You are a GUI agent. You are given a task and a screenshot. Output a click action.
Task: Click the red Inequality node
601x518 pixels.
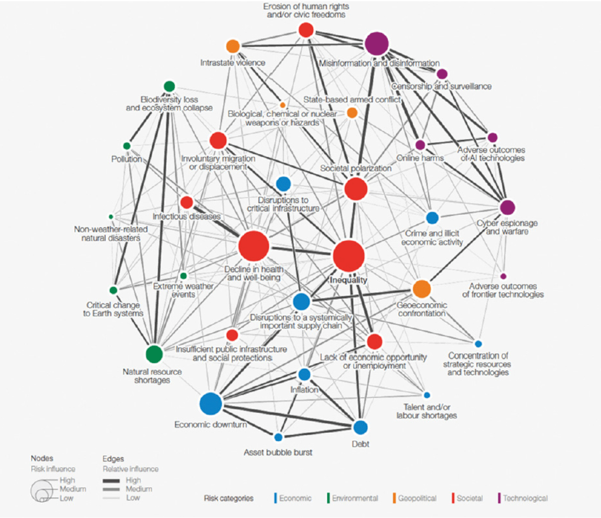(349, 256)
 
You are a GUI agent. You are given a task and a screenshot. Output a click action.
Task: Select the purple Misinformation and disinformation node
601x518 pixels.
(377, 44)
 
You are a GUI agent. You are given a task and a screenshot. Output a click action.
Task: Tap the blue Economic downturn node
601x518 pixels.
(211, 404)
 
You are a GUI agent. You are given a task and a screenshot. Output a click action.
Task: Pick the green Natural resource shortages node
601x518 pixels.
(154, 354)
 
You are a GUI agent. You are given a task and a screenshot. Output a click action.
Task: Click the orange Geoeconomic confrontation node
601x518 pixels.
(422, 289)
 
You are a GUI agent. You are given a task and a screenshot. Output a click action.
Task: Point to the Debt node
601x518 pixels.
(360, 427)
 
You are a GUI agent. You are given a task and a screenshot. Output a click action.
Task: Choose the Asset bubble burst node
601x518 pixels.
(278, 437)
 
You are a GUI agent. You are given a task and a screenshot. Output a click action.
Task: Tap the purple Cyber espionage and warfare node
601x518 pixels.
(507, 208)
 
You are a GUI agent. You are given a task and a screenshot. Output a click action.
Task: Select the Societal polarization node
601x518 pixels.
(356, 189)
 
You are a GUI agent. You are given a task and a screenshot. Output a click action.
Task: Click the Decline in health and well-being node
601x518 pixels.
(253, 246)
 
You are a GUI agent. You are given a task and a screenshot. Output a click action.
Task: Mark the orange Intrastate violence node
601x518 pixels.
(233, 46)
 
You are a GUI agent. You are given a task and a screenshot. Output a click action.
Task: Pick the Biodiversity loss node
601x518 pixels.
(169, 86)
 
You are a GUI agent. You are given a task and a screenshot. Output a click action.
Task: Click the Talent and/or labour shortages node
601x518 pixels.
(427, 395)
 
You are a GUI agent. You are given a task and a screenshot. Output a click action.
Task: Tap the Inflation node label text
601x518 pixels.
(304, 390)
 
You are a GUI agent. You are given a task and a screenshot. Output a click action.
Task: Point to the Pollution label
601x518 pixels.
(127, 159)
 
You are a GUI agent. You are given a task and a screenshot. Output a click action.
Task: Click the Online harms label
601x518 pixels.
(420, 158)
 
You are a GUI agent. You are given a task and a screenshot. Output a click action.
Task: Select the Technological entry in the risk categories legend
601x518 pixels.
(525, 498)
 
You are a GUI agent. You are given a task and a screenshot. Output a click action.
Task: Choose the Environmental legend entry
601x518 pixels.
(355, 498)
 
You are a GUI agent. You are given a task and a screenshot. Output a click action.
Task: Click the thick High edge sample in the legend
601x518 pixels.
(111, 480)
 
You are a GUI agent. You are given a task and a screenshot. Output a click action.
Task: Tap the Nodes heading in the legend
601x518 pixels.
(42, 458)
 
